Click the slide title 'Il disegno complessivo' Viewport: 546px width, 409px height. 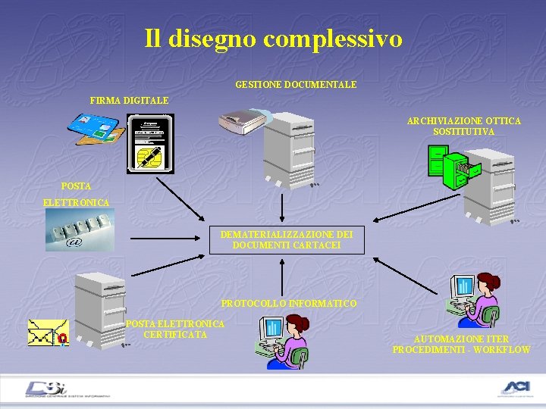(273, 39)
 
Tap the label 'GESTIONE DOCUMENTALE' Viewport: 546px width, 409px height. (296, 85)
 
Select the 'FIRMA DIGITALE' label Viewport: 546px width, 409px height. (129, 100)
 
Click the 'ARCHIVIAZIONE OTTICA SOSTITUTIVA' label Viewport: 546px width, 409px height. (463, 126)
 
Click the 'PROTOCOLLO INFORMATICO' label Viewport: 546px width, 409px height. (288, 304)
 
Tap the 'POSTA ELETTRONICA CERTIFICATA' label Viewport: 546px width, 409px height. (175, 329)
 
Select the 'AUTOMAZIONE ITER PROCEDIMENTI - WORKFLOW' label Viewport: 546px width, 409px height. (461, 345)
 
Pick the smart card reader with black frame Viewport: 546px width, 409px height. (150, 142)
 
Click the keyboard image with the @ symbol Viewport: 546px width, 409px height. (79, 229)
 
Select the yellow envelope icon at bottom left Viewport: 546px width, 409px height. (49, 333)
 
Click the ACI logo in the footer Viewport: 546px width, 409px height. (517, 389)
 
